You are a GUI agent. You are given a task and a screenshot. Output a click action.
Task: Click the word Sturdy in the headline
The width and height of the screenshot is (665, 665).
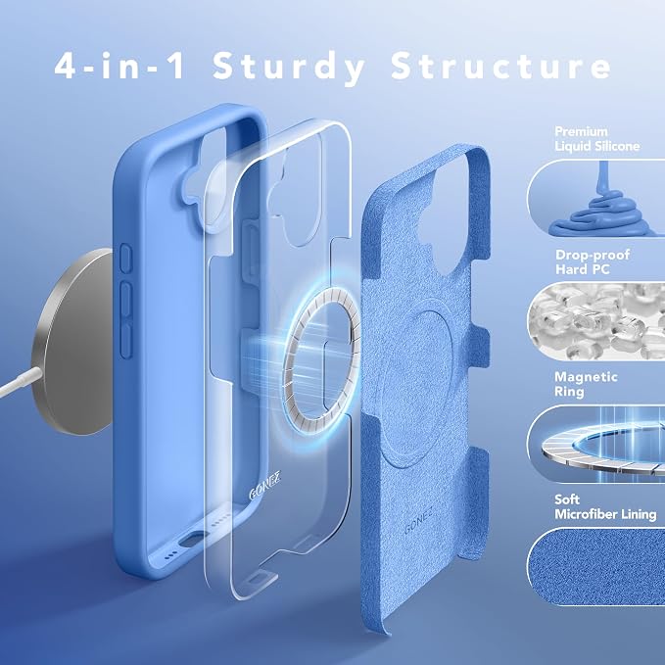(x=288, y=67)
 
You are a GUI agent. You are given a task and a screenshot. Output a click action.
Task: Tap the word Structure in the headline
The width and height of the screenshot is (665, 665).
(x=500, y=66)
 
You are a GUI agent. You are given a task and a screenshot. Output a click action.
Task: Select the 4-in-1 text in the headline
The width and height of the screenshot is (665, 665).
(x=119, y=66)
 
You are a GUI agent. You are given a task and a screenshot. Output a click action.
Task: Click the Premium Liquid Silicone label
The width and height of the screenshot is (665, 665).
(x=597, y=139)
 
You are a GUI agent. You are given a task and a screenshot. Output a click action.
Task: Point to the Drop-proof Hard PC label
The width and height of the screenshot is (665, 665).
(x=593, y=261)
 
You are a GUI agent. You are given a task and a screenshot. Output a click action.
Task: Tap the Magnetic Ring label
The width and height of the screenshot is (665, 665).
(x=586, y=384)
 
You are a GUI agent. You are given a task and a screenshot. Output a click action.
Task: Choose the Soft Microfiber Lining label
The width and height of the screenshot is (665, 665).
(x=605, y=506)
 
